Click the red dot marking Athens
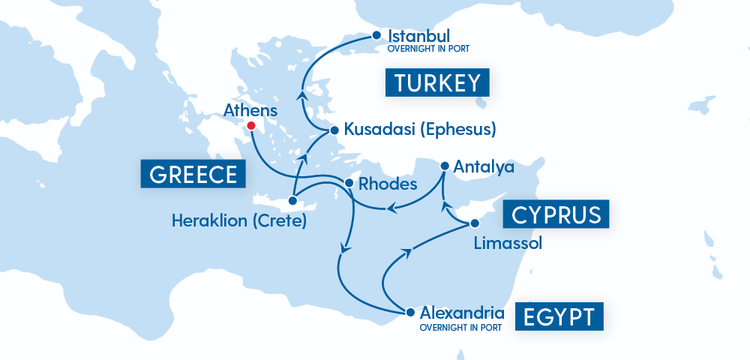click(251, 126)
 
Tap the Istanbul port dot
click(376, 34)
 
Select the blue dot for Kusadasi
click(334, 130)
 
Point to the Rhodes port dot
click(349, 183)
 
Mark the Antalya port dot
click(445, 166)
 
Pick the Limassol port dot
click(474, 223)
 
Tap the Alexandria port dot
click(409, 311)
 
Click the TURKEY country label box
click(437, 82)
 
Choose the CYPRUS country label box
click(556, 214)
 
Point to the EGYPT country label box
click(559, 316)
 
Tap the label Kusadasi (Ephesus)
click(420, 129)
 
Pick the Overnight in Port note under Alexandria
click(457, 327)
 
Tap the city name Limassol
click(508, 243)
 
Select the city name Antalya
click(484, 166)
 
